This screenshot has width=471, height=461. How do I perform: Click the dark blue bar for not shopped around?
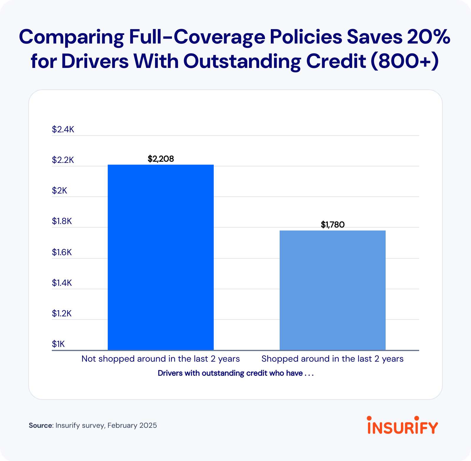(160, 257)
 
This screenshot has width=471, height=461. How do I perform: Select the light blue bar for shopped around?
(332, 290)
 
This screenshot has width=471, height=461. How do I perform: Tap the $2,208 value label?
(161, 159)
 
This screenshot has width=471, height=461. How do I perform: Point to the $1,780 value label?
(333, 225)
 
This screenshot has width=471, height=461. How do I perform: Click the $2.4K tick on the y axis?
(63, 129)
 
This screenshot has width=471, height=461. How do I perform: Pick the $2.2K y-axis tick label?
(63, 160)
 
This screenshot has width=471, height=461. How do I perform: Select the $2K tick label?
(59, 191)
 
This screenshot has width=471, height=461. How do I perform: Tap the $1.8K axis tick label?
(62, 221)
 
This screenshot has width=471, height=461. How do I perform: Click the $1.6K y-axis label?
(62, 252)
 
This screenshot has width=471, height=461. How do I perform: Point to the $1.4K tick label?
(62, 283)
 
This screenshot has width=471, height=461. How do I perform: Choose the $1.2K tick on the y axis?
(62, 313)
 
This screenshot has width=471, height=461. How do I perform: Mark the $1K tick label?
(58, 344)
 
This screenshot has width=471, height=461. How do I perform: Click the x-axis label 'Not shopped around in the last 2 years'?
(160, 359)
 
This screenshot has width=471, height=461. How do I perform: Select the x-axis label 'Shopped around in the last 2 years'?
(332, 359)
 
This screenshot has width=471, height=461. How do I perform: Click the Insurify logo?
(402, 425)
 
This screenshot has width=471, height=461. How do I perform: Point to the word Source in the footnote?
(40, 425)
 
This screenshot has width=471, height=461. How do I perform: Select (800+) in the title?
(405, 61)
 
